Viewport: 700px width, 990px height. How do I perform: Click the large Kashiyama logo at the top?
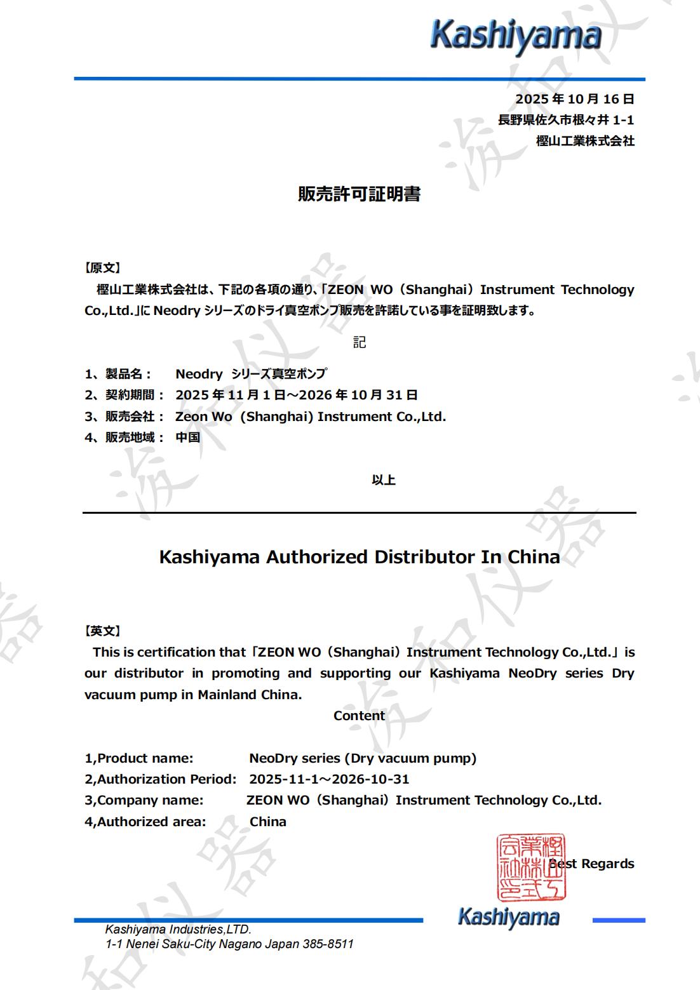(x=515, y=35)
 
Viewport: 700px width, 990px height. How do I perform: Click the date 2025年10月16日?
(x=574, y=99)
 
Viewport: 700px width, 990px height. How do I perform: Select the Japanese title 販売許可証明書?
(x=359, y=194)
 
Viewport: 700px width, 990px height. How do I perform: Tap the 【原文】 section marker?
(x=102, y=269)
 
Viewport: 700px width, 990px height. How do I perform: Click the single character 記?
(x=360, y=343)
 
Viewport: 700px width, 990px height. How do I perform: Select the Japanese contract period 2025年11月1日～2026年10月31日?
(x=297, y=395)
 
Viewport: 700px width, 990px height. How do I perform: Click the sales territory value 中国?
(x=188, y=438)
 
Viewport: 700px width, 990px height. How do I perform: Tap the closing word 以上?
(x=384, y=480)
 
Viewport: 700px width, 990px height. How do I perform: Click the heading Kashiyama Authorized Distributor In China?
(x=359, y=557)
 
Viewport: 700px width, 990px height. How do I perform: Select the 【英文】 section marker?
(x=102, y=631)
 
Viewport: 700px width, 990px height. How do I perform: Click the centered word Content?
(x=359, y=716)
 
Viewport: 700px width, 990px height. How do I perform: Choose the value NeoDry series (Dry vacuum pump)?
(x=363, y=758)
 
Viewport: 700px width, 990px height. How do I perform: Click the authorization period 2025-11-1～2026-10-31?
(x=329, y=779)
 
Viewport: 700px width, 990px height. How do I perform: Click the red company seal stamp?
(x=530, y=867)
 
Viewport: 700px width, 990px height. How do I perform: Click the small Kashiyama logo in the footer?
(x=508, y=918)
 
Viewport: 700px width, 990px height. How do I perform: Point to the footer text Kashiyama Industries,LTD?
(x=178, y=929)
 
